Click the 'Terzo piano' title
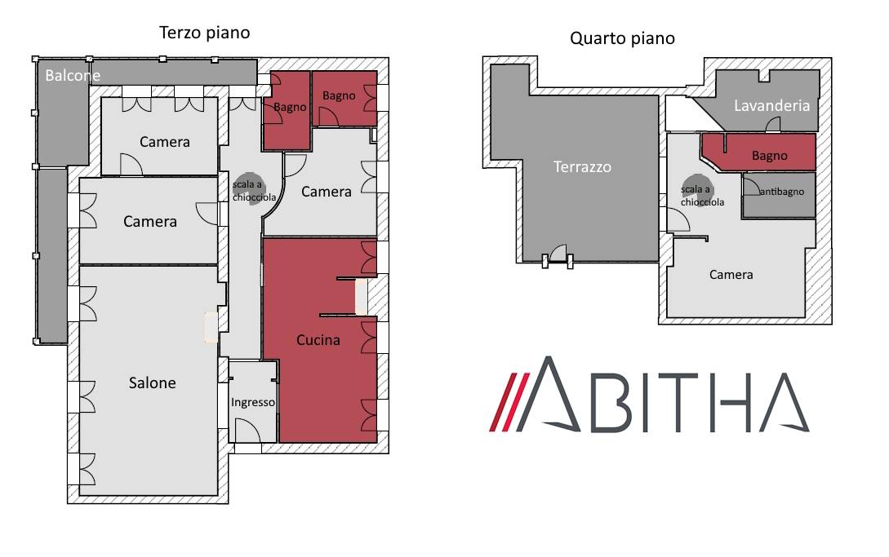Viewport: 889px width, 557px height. tap(204, 33)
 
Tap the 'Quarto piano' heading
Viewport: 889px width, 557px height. tap(622, 38)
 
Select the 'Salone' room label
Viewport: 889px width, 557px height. tap(152, 383)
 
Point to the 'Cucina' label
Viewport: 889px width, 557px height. tap(318, 340)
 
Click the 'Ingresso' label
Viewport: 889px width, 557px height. tap(253, 402)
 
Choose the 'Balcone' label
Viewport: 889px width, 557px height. tap(73, 75)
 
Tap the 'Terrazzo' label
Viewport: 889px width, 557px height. tap(582, 166)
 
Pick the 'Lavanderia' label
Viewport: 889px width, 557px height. tap(771, 105)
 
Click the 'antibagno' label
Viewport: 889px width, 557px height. tap(782, 192)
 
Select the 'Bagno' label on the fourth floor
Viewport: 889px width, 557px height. tap(769, 156)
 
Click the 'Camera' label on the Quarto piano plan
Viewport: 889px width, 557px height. tap(731, 275)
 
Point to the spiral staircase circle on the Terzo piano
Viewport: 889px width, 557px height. tap(248, 188)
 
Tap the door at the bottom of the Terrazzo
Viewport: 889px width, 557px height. tap(558, 254)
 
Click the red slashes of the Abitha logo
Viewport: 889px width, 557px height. tap(509, 402)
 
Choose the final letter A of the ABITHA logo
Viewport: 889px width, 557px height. tap(785, 402)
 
